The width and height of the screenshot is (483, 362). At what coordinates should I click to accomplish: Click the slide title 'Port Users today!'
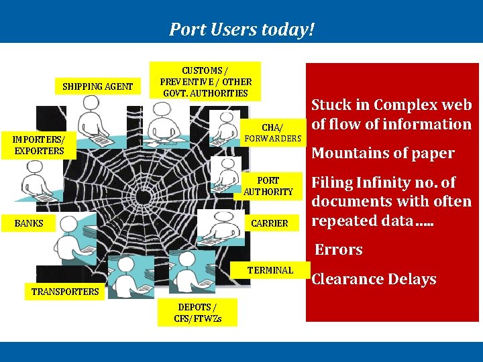click(x=241, y=29)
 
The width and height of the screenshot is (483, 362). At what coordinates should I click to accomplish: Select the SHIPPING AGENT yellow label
click(x=97, y=86)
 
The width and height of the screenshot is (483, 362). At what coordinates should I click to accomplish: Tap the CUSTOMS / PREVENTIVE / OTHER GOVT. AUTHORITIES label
click(x=205, y=82)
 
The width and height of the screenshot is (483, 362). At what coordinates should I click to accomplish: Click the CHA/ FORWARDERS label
click(x=272, y=133)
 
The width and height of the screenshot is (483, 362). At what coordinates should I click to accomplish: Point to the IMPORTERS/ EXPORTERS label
click(x=39, y=145)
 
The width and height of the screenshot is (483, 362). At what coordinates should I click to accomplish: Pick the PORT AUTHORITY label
click(x=268, y=186)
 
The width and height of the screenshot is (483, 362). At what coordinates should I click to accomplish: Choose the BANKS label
click(x=29, y=223)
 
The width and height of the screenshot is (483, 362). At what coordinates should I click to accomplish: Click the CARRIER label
click(x=269, y=223)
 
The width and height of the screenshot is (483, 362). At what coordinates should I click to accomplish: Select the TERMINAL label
click(x=270, y=270)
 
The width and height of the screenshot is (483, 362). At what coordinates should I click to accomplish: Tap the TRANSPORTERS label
click(x=65, y=291)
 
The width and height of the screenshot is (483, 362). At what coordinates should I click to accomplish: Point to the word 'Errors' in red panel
click(x=339, y=249)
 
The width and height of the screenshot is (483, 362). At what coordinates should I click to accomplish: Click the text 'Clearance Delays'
click(x=374, y=279)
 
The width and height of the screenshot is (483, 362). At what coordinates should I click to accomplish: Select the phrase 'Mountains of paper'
click(x=383, y=153)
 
